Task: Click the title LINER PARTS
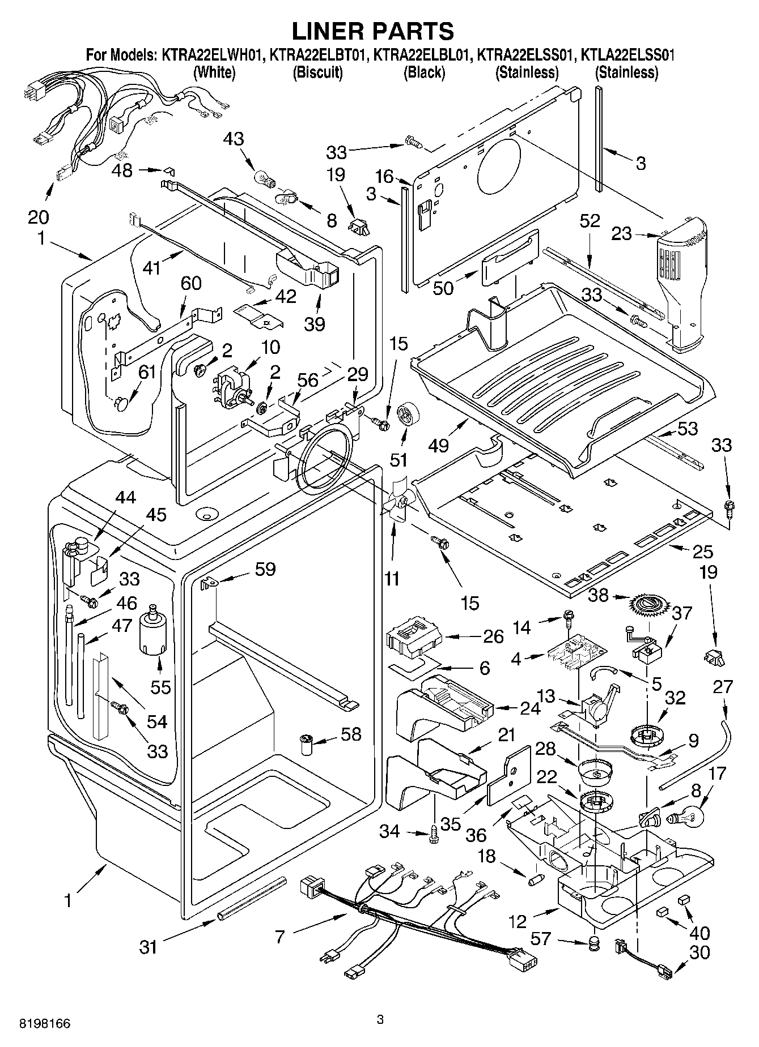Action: (x=372, y=30)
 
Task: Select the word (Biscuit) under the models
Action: (x=317, y=72)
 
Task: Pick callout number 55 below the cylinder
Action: (x=161, y=687)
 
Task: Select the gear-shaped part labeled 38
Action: (x=644, y=606)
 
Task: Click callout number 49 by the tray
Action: (x=439, y=446)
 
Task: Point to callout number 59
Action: (x=265, y=569)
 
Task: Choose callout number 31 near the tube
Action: (x=148, y=946)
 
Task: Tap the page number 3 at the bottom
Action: (x=380, y=1020)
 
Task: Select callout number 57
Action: (x=541, y=939)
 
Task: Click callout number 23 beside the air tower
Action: (x=621, y=233)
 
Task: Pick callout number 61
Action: (x=147, y=371)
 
